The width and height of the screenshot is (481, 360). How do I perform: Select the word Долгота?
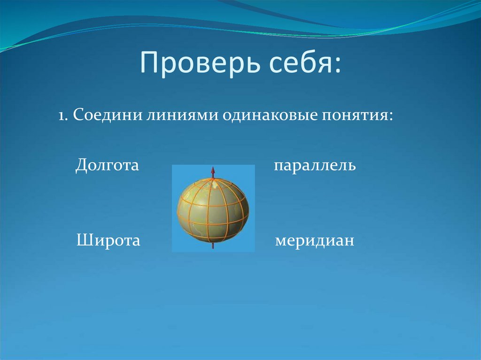[107, 166]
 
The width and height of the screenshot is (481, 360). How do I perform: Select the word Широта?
[108, 241]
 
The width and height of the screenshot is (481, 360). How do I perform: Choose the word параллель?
[315, 166]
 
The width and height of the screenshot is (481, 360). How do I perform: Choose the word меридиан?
[314, 241]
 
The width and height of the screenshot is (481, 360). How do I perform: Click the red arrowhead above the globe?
[212, 170]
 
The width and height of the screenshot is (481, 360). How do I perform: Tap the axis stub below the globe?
[213, 245]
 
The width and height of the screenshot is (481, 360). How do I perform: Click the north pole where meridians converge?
[213, 180]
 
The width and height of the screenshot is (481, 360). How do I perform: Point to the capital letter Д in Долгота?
[80, 166]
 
